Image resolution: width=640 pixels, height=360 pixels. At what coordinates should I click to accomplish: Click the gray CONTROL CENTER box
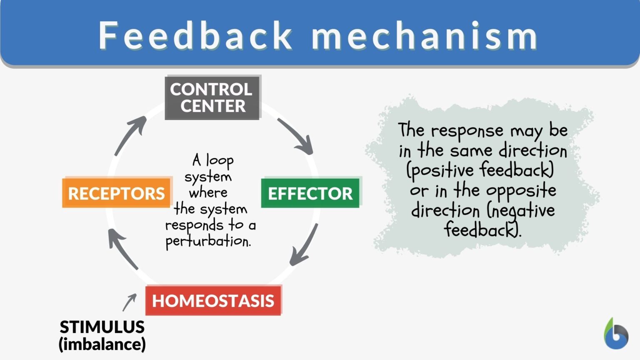pyautogui.click(x=212, y=97)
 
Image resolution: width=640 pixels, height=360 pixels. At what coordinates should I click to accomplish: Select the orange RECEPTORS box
pyautogui.click(x=117, y=193)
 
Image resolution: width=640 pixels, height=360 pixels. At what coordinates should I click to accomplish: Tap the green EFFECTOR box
pyautogui.click(x=310, y=193)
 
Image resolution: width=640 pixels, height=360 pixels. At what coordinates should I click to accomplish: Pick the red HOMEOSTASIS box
pyautogui.click(x=213, y=300)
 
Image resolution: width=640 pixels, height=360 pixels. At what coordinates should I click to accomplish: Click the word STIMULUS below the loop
pyautogui.click(x=102, y=327)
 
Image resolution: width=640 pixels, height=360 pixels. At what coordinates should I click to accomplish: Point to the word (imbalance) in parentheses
pyautogui.click(x=102, y=345)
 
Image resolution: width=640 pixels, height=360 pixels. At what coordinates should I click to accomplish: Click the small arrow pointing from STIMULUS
pyautogui.click(x=130, y=302)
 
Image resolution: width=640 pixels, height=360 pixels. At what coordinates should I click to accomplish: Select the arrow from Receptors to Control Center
pyautogui.click(x=130, y=135)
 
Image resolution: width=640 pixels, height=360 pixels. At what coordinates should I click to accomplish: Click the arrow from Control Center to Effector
pyautogui.click(x=295, y=136)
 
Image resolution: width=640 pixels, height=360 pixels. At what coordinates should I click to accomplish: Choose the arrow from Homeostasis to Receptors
pyautogui.click(x=122, y=248)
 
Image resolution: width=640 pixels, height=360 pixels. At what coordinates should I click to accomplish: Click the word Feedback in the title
pyautogui.click(x=196, y=36)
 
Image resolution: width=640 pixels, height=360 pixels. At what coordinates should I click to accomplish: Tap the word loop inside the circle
pyautogui.click(x=220, y=161)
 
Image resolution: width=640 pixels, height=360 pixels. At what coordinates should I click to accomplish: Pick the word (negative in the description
pyautogui.click(x=519, y=211)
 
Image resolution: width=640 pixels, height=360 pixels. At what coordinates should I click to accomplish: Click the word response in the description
pyautogui.click(x=467, y=131)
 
